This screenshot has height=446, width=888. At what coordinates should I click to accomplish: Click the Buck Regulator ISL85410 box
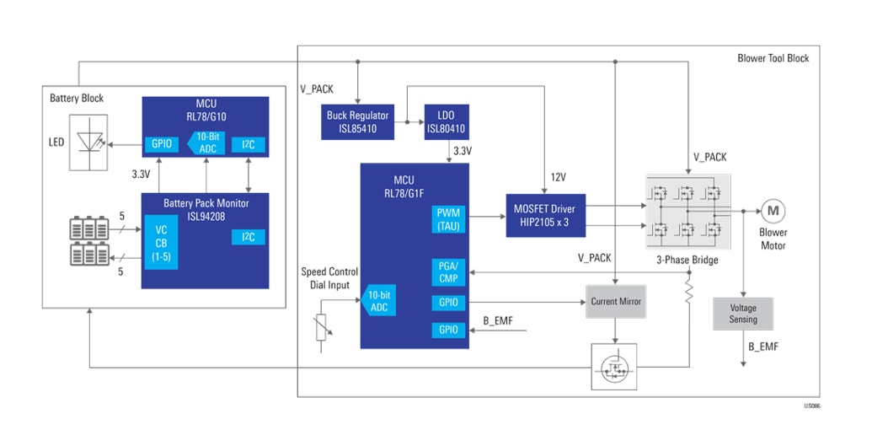358,122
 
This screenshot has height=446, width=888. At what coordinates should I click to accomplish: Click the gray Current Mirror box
616,301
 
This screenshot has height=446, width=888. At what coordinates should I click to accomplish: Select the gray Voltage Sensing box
743,314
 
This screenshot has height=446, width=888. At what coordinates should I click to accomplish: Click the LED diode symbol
87,142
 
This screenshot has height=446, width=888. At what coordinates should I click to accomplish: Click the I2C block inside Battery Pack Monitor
249,237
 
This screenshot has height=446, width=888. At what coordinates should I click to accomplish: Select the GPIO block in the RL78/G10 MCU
162,143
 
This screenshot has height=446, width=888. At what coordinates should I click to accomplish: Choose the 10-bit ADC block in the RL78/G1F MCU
379,301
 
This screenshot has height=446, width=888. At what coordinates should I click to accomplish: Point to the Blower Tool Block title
773,58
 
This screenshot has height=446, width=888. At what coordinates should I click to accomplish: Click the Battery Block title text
77,98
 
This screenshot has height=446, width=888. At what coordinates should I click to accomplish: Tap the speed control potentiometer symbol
322,328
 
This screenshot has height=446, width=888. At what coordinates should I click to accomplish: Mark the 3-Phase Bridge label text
687,260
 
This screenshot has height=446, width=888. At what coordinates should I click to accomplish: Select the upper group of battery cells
88,228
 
